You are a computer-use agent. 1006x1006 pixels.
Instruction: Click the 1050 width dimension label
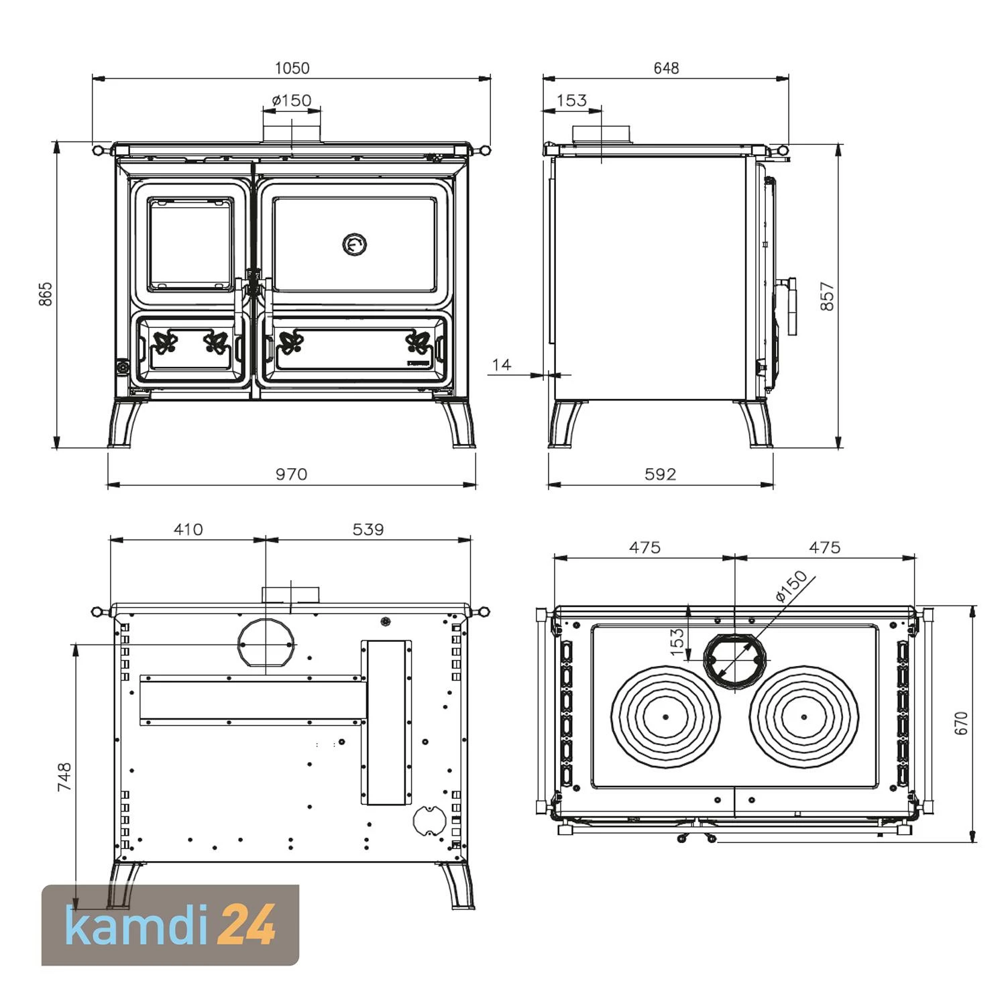coord(292,68)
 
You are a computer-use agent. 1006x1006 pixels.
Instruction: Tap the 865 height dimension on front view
coord(46,294)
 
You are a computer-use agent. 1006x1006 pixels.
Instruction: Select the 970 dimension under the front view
coord(292,474)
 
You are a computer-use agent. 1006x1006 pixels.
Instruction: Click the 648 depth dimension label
coord(666,68)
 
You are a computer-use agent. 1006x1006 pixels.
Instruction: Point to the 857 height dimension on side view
coord(828,296)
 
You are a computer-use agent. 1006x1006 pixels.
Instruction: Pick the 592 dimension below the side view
coord(661,474)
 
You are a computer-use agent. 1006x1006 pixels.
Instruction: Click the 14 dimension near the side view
coord(501,364)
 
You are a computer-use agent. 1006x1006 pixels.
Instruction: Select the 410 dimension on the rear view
coord(188,529)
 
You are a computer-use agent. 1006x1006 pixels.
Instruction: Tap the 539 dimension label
coord(368,529)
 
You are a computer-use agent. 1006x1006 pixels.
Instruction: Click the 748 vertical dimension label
coord(64,777)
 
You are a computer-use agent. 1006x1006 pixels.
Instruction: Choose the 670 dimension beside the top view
coord(961,723)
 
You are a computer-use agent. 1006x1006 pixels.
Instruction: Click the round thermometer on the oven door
coord(355,245)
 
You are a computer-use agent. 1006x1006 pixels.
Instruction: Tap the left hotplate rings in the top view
coord(665,716)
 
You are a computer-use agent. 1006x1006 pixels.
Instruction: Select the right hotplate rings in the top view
coord(804,716)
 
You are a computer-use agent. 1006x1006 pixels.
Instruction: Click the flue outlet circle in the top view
coord(735,660)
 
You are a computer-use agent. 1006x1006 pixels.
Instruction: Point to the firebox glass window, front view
coord(190,244)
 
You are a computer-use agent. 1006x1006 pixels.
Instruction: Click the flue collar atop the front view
coord(292,133)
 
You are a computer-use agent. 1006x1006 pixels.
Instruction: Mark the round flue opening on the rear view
coord(266,643)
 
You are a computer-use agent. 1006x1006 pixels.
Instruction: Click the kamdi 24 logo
coord(170,926)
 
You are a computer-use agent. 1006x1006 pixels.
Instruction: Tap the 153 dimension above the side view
coord(572,100)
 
